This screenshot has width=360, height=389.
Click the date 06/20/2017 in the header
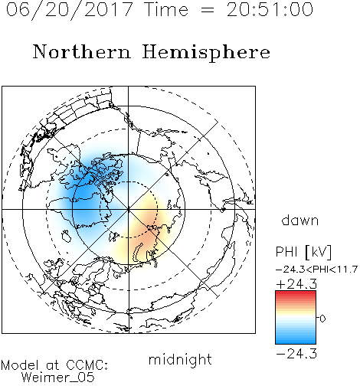pos(70,10)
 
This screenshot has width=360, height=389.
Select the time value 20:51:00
pos(270,9)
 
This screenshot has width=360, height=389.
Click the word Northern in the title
pos(82,51)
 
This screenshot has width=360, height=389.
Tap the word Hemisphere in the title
pos(206,53)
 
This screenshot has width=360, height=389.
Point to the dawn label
pos(300,221)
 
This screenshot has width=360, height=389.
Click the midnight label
pos(180,359)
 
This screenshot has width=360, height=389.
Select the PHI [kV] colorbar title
pos(303,252)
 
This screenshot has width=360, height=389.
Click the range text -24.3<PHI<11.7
pos(316,270)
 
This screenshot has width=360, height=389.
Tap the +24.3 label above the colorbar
pos(296,284)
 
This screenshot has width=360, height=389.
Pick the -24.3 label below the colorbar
pos(296,354)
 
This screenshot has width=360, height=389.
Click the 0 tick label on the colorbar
pos(322,319)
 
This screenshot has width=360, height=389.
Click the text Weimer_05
pos(58,377)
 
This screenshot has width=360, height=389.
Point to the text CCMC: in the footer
pos(87,365)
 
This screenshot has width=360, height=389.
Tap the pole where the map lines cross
pos(129,209)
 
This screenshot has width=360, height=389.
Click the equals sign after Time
pos(208,11)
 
